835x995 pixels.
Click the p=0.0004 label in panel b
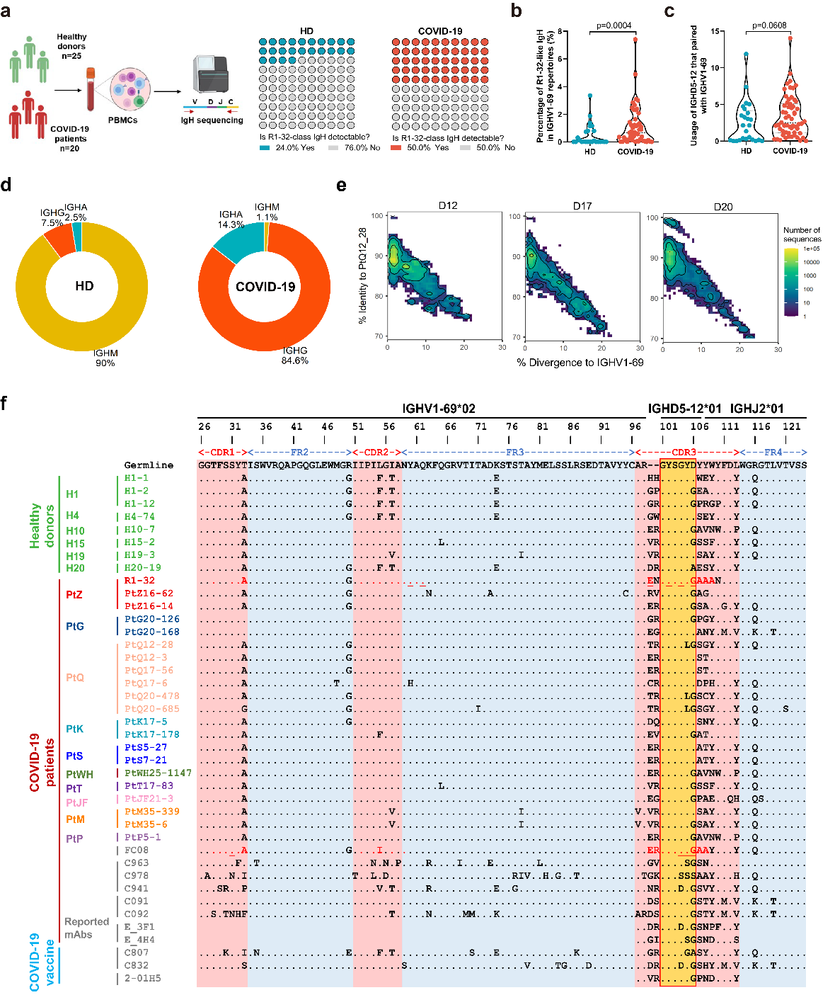tap(614, 25)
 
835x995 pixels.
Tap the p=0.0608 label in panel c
tap(769, 25)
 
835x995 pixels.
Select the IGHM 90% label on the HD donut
tap(105, 358)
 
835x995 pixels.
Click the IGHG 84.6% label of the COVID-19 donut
tap(295, 356)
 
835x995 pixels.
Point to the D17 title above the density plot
tap(582, 206)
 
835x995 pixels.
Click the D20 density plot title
tap(723, 207)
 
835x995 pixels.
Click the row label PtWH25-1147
tap(159, 773)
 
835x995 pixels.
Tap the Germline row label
tap(149, 465)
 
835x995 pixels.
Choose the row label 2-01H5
tap(142, 978)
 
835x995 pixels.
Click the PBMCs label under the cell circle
tap(123, 120)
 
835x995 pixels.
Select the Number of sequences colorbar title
tap(802, 234)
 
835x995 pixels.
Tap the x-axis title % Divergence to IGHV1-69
tap(580, 363)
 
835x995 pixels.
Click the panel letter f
tap(5, 404)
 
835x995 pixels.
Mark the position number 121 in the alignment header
tap(792, 426)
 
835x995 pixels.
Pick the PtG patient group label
tap(75, 626)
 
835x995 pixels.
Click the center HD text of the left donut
tap(84, 286)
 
